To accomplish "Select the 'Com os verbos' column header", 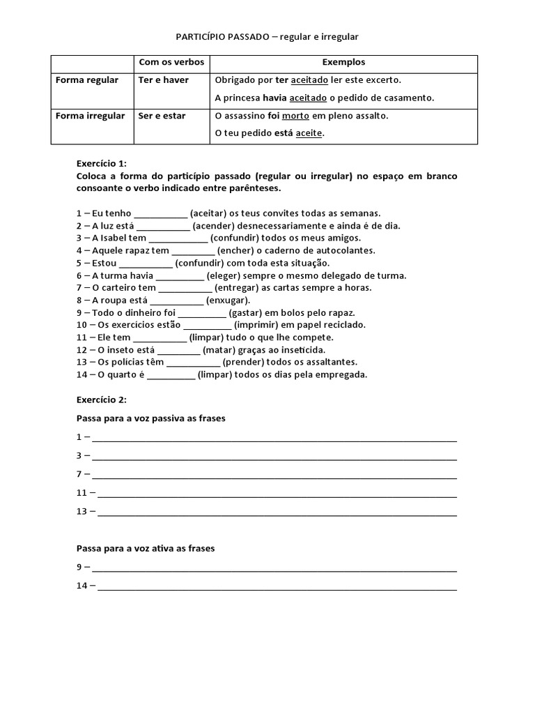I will click(x=171, y=62).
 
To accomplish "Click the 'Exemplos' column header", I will click(x=343, y=62).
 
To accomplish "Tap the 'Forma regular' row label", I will click(x=87, y=80).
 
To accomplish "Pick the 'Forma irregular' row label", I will click(x=91, y=116).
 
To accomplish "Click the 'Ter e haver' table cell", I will click(x=164, y=80).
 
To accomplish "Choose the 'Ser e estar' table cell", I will click(x=162, y=116).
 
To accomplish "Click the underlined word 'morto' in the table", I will click(x=295, y=116).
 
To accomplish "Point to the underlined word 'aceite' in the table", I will click(x=309, y=133).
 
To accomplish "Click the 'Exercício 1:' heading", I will click(x=102, y=162).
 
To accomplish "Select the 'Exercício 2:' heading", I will click(x=102, y=400).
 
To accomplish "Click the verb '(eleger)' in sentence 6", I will click(x=226, y=275).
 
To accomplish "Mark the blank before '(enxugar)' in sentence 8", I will click(x=177, y=301).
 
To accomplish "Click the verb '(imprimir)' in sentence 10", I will click(x=258, y=325).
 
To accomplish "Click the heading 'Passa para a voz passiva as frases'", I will click(x=150, y=418).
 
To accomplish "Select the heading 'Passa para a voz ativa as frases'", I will click(x=145, y=548).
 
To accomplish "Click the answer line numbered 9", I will click(x=275, y=568).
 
